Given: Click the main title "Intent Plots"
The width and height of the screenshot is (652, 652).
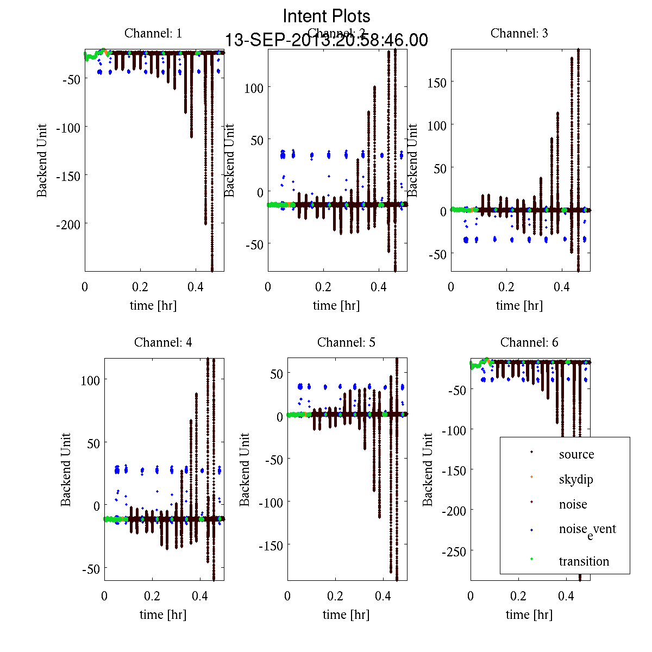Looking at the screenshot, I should (x=327, y=16).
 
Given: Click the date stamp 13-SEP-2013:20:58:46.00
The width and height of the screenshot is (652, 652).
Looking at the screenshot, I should (x=327, y=40).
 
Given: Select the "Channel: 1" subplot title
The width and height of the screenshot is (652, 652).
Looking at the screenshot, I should (x=153, y=33).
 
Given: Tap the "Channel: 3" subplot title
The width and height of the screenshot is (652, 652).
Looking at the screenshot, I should (x=519, y=33).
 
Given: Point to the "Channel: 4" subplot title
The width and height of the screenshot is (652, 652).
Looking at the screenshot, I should (x=163, y=342).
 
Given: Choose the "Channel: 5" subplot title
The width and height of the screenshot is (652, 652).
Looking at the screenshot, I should (x=346, y=342).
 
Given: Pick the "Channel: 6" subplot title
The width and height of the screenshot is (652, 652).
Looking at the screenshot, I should (x=529, y=342).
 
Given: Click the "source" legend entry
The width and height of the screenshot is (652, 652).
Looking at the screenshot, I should (x=576, y=454).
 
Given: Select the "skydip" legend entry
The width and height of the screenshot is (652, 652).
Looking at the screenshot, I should (x=575, y=479).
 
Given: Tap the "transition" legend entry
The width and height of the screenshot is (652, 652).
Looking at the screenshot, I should (x=584, y=561).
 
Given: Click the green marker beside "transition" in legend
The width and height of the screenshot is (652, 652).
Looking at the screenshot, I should (x=531, y=559).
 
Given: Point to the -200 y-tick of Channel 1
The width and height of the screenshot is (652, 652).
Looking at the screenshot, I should (x=68, y=224).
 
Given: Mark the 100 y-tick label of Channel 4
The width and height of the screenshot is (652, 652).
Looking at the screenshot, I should (x=90, y=380).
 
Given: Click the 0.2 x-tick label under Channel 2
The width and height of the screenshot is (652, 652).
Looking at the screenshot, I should (x=323, y=287).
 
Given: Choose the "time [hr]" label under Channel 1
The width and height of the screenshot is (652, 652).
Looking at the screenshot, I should (x=153, y=305).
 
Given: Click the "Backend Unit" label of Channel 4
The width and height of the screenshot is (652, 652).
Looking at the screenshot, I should (x=66, y=469).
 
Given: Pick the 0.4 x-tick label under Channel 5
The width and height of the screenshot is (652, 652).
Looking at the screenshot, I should (x=383, y=596).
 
